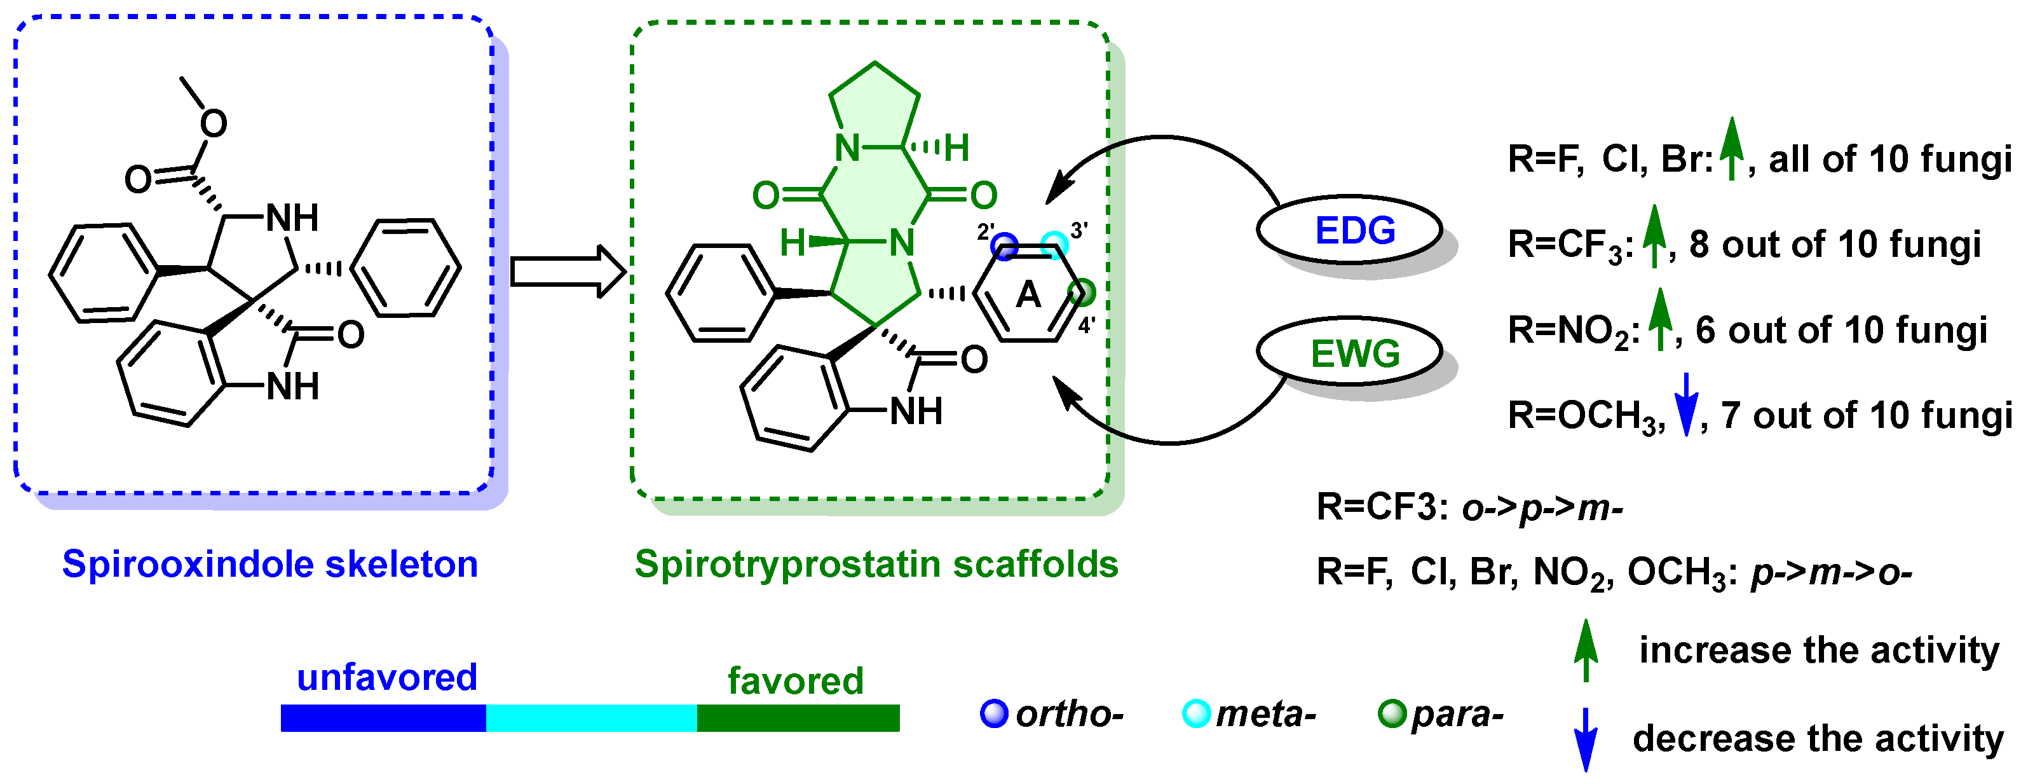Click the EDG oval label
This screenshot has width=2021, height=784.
pyautogui.click(x=1354, y=230)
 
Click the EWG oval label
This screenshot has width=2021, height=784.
pyautogui.click(x=1354, y=353)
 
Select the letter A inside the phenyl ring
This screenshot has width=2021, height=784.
pyautogui.click(x=1028, y=295)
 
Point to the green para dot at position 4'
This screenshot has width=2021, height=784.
pyautogui.click(x=1083, y=292)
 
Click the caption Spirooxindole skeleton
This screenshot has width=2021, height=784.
pyautogui.click(x=270, y=564)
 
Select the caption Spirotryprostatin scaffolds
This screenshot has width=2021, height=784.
pyautogui.click(x=876, y=564)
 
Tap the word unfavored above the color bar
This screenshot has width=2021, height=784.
pyautogui.click(x=387, y=677)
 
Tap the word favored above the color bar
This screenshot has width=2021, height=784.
pyautogui.click(x=795, y=680)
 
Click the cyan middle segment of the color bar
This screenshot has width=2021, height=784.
pyautogui.click(x=592, y=717)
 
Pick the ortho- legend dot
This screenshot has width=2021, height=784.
pyautogui.click(x=994, y=713)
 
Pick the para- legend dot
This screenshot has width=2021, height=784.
pyautogui.click(x=1392, y=713)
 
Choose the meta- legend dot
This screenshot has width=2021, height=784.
pyautogui.click(x=1197, y=713)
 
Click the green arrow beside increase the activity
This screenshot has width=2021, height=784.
pyautogui.click(x=1586, y=650)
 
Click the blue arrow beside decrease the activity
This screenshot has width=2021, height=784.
pyautogui.click(x=1586, y=738)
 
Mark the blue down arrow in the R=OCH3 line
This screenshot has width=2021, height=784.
pyautogui.click(x=1686, y=404)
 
